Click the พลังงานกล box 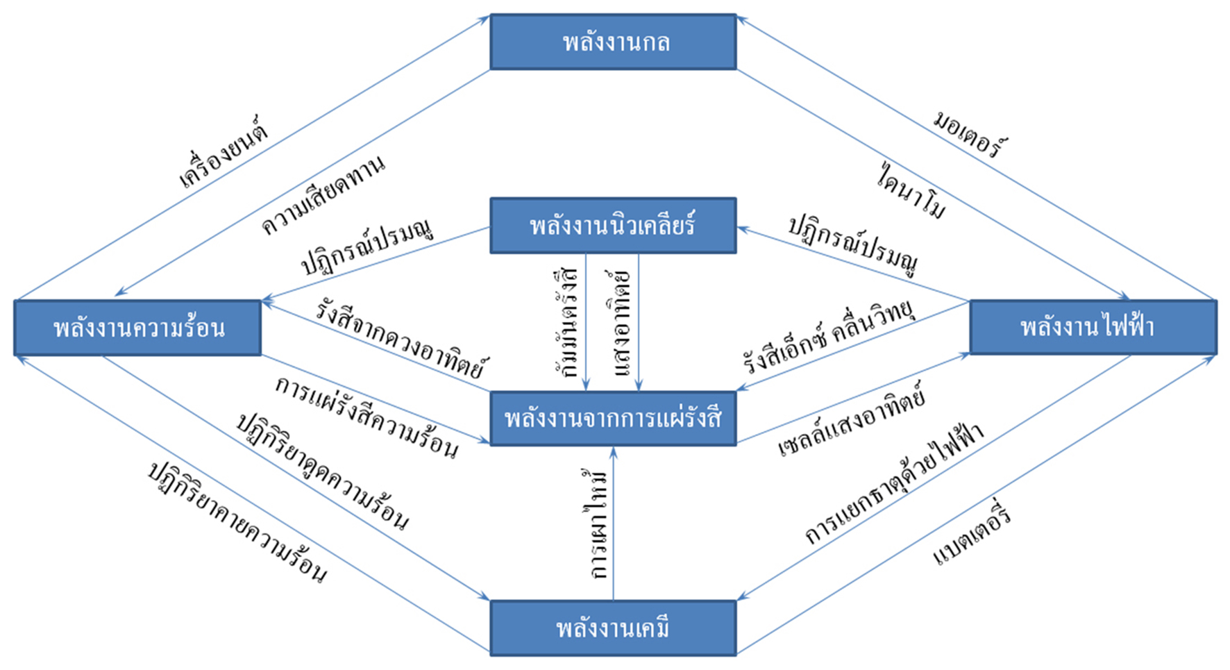tap(613, 42)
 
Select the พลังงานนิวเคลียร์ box tap(613, 226)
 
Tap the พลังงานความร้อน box tap(137, 328)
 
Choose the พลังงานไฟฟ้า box tap(1093, 328)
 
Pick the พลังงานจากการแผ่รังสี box tap(613, 418)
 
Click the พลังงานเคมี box tap(613, 628)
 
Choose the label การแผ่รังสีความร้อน tap(367, 419)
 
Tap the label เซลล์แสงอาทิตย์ tap(852, 420)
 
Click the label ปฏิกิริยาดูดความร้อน tap(322, 471)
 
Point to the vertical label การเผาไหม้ tap(596, 524)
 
